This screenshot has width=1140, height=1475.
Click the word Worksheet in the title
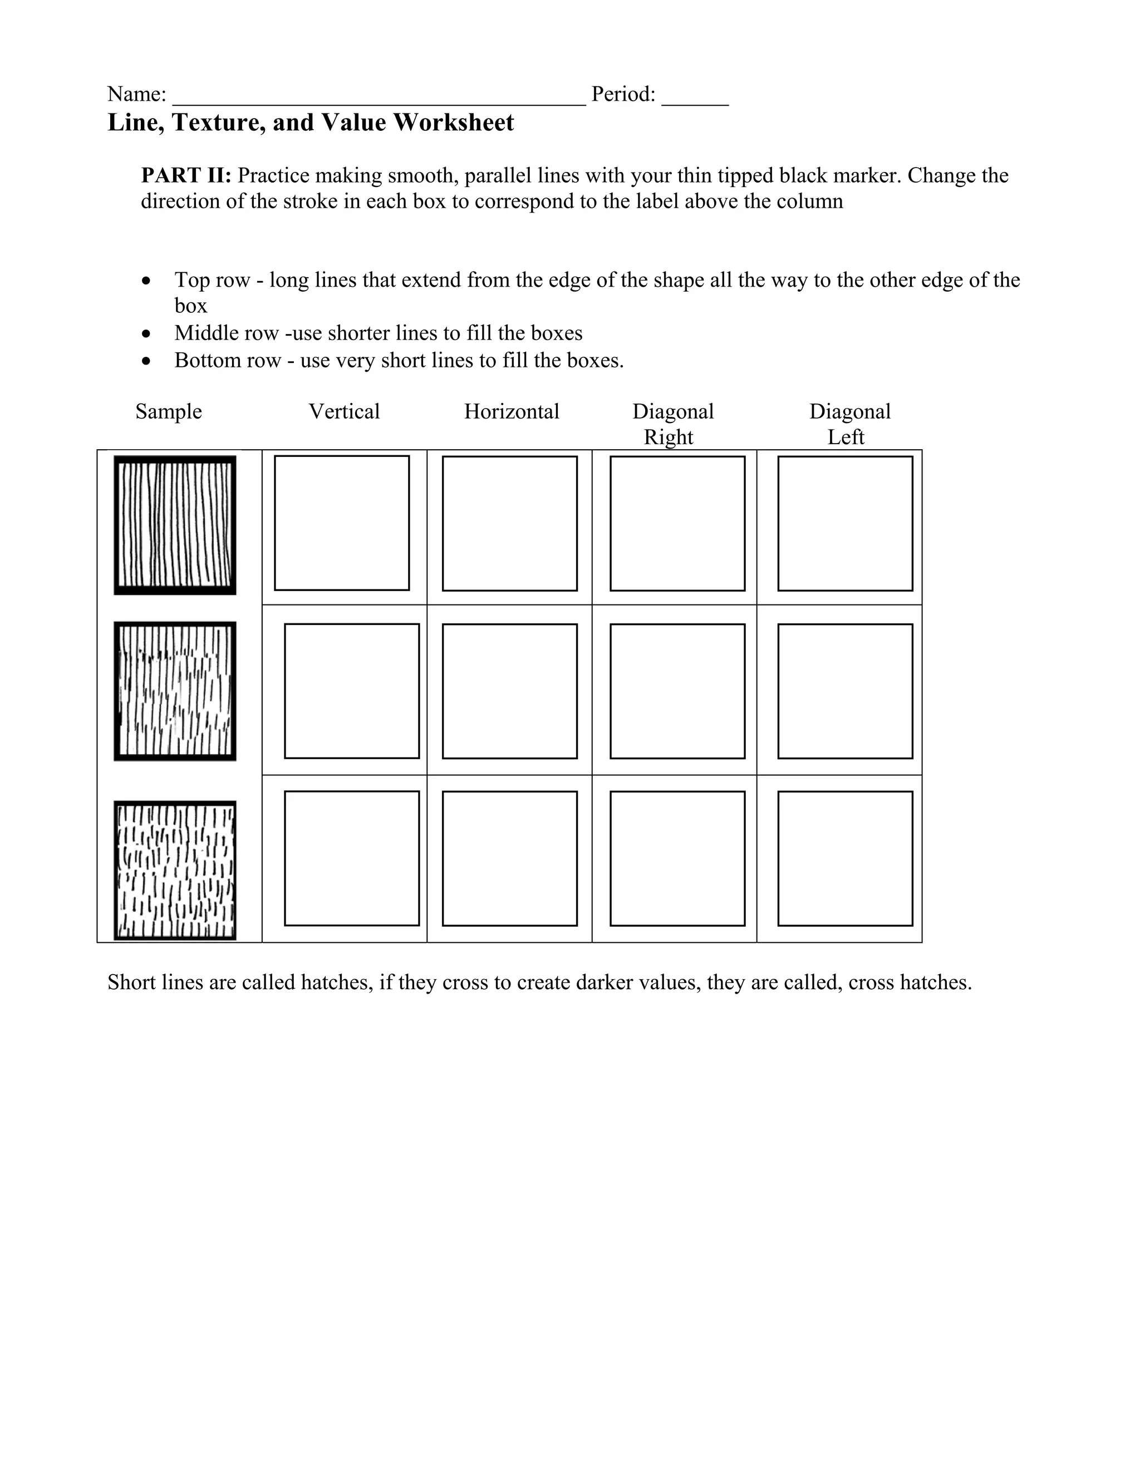pos(453,123)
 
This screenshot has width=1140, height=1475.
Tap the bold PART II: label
pos(186,175)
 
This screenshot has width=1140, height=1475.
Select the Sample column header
pos(168,411)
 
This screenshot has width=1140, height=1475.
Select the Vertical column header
pos(344,411)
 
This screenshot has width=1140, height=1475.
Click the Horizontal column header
pos(511,411)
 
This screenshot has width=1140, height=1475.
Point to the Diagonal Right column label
pos(672,424)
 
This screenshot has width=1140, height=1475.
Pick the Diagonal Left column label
pos(849,424)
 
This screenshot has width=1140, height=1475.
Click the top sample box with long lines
pos(175,525)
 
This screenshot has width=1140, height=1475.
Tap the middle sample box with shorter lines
pos(175,691)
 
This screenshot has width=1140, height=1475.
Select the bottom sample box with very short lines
pos(175,870)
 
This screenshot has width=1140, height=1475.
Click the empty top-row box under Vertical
pos(342,523)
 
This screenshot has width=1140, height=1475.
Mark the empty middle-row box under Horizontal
pos(509,691)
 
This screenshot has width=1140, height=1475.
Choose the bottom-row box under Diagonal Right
pos(677,858)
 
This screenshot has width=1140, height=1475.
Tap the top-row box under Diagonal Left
pos(845,523)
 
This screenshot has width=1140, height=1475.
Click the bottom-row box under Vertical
pos(352,858)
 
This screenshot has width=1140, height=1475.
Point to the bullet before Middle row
pos(146,333)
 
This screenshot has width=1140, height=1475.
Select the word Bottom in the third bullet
pos(202,360)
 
